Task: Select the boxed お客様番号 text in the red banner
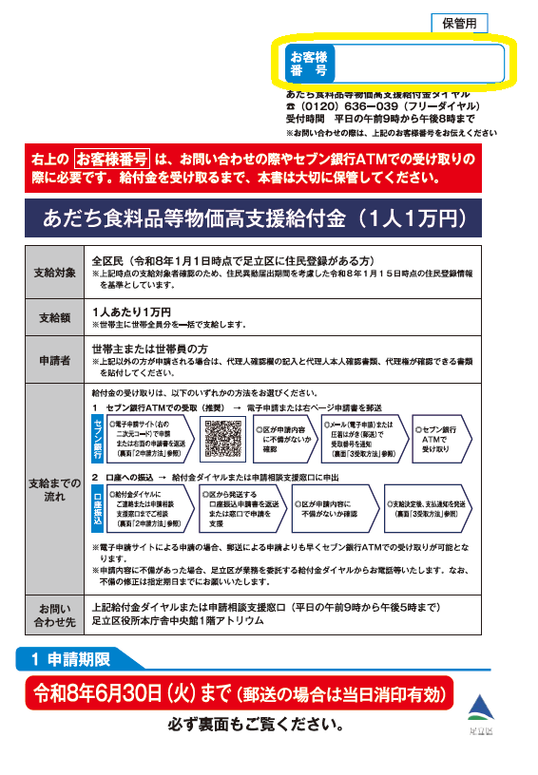click(112, 159)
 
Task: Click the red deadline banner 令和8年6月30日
click(238, 693)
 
